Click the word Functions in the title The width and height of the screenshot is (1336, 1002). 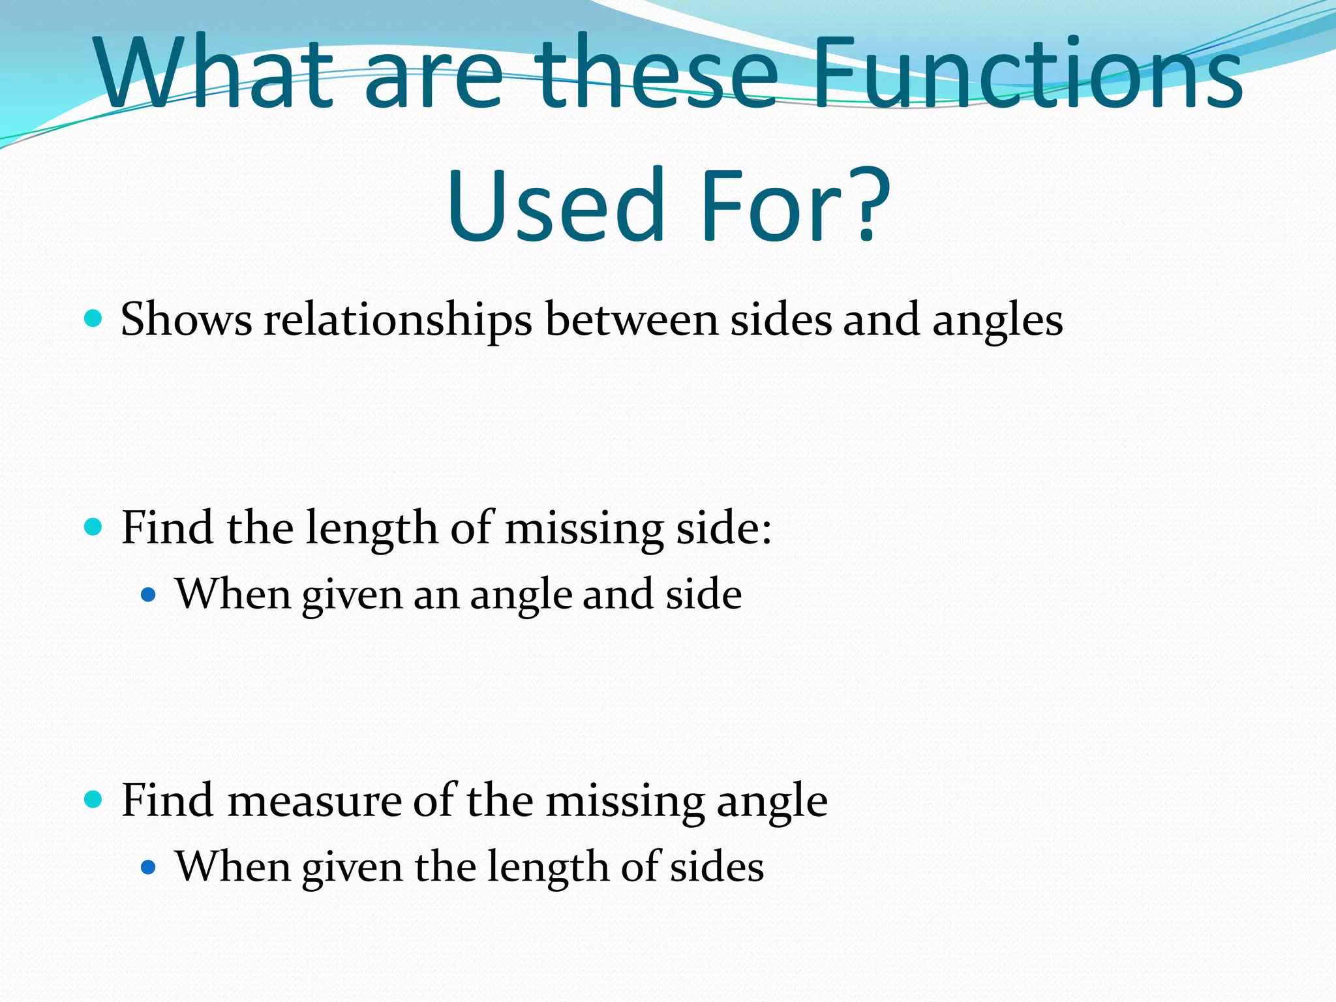[x=1027, y=73]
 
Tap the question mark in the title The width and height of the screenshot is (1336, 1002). [x=867, y=204]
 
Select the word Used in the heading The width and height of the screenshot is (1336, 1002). [x=556, y=205]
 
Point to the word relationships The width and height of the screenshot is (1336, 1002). [x=398, y=320]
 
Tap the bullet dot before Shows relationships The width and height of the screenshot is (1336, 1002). [x=94, y=318]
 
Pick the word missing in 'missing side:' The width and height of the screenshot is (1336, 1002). [x=584, y=528]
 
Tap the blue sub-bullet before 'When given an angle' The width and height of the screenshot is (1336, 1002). [x=149, y=594]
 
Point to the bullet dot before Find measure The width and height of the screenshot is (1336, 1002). [x=94, y=799]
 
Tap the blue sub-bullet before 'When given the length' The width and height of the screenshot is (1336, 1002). [x=149, y=867]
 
